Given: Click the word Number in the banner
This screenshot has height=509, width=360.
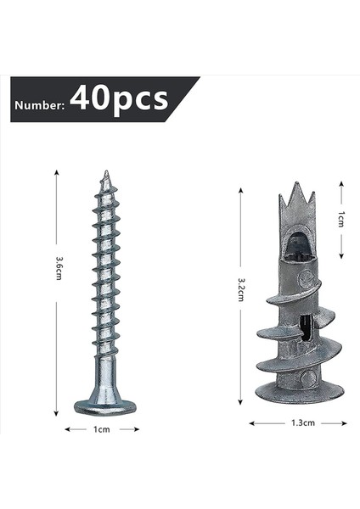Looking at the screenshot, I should pyautogui.click(x=39, y=105).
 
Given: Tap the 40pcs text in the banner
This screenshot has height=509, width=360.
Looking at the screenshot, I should pyautogui.click(x=119, y=99).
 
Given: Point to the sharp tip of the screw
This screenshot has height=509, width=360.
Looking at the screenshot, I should pyautogui.click(x=106, y=174).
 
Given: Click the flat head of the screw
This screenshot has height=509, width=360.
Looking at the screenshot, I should pyautogui.click(x=104, y=406).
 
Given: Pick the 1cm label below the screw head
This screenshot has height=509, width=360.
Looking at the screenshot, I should pyautogui.click(x=101, y=430).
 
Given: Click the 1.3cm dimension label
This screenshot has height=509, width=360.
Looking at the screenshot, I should pyautogui.click(x=296, y=422).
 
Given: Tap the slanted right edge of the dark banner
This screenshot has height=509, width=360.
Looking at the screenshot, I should pyautogui.click(x=187, y=99).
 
